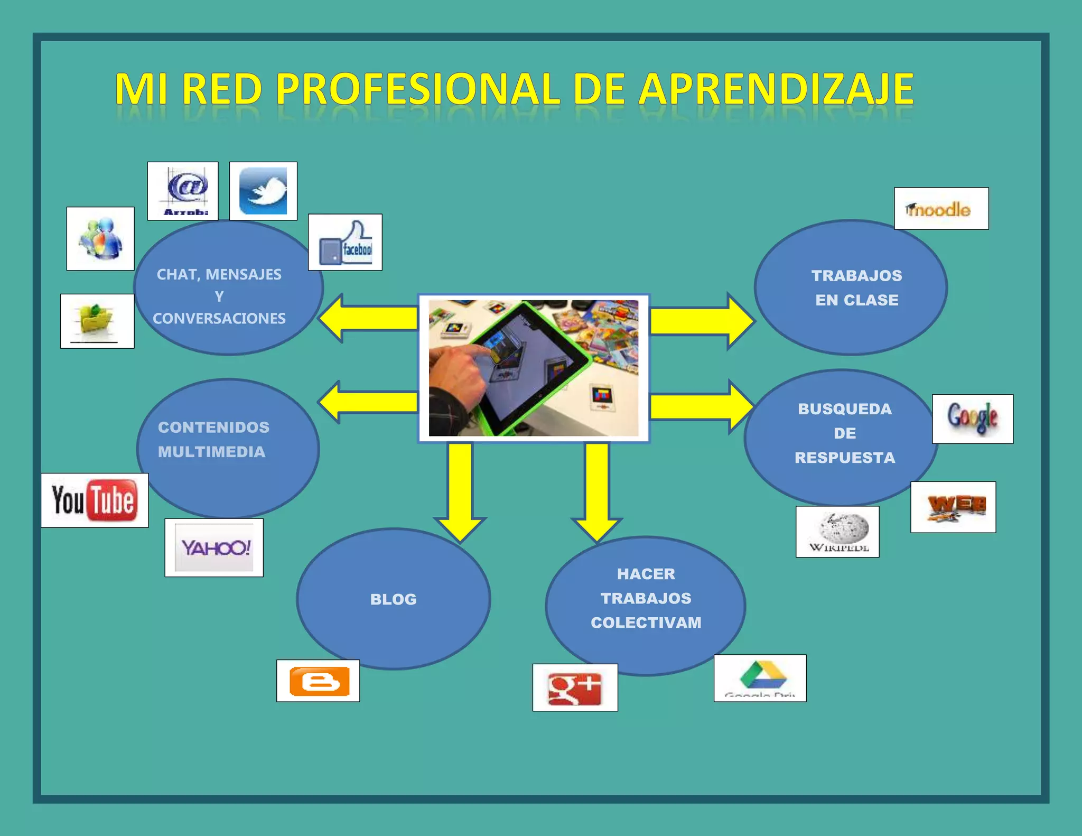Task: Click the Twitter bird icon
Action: (x=263, y=191)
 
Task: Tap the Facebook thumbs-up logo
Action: (x=345, y=243)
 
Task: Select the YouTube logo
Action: (x=95, y=500)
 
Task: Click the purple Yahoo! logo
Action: (x=214, y=547)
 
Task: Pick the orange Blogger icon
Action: (x=318, y=681)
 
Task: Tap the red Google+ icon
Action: (x=575, y=688)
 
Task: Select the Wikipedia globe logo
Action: (x=837, y=532)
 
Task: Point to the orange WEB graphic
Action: (x=953, y=507)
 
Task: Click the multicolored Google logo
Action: (x=972, y=419)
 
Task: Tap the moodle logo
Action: (x=941, y=209)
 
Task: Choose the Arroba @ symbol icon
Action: (x=183, y=191)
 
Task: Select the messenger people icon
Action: (x=100, y=238)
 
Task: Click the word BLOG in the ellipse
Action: (x=394, y=599)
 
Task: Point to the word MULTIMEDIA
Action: (x=211, y=452)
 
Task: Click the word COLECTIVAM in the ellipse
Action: (x=646, y=623)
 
